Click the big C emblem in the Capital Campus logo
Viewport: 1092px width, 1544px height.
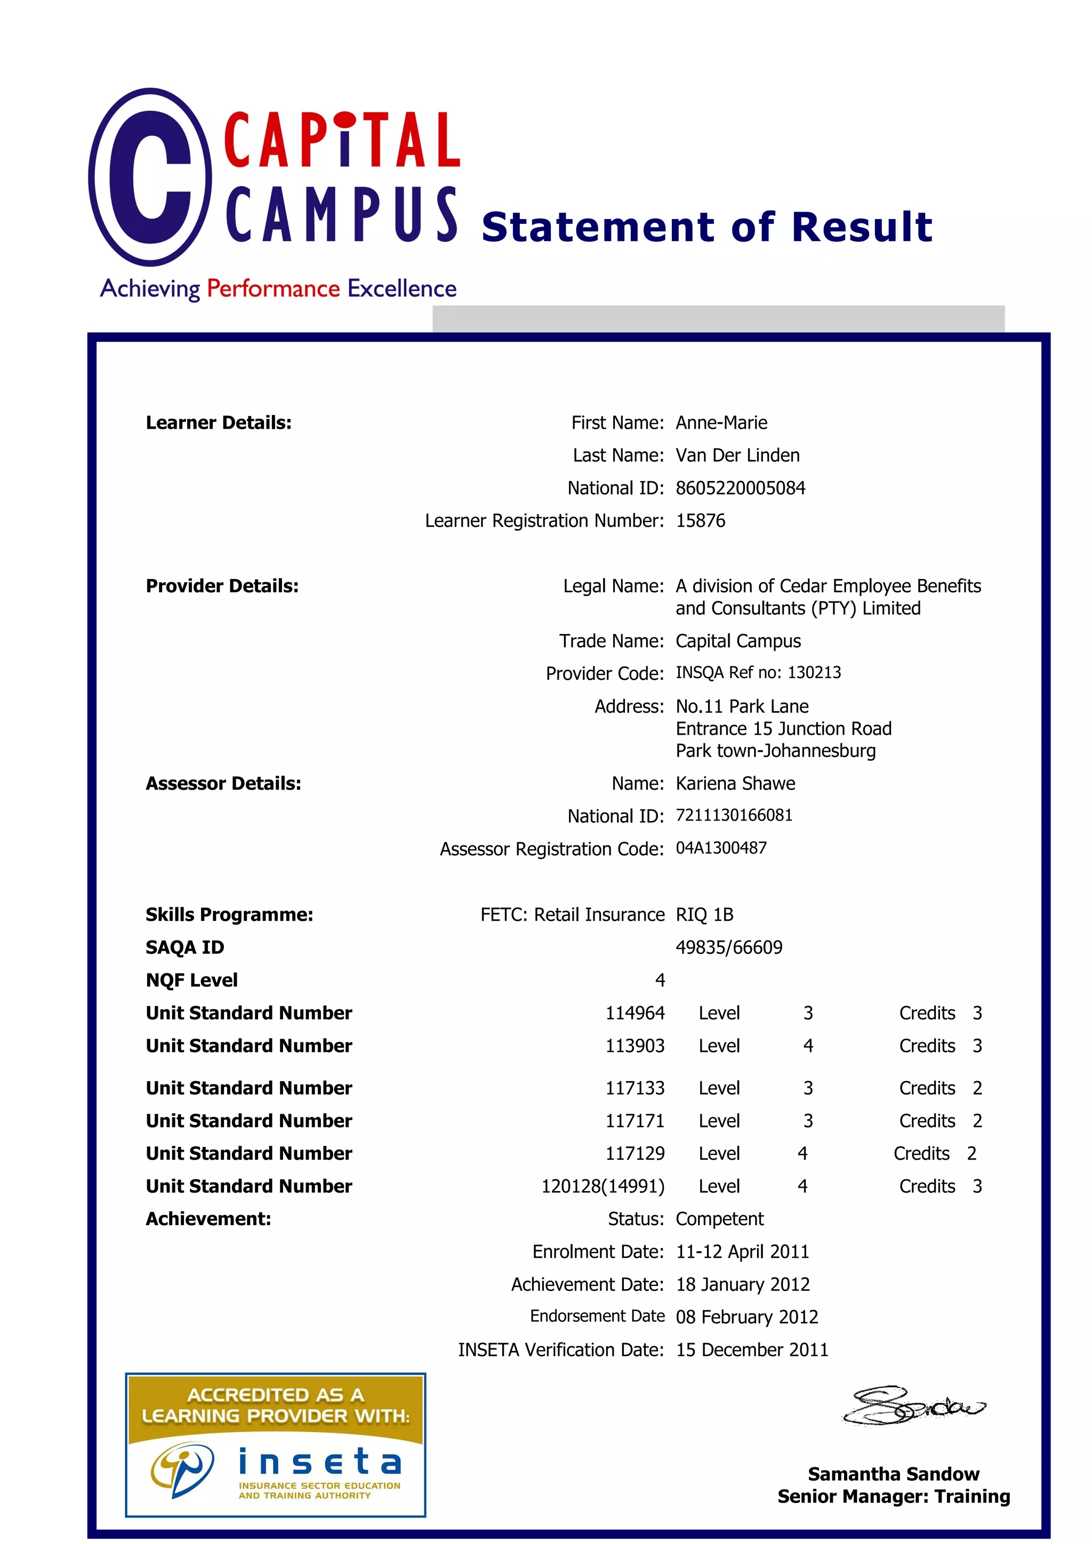pyautogui.click(x=149, y=177)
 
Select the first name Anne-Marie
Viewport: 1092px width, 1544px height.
pyautogui.click(x=721, y=422)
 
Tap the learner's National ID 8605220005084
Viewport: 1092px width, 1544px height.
pyautogui.click(x=740, y=487)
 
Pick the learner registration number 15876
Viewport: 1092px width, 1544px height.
pyautogui.click(x=700, y=520)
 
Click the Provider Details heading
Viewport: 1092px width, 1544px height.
pyautogui.click(x=222, y=586)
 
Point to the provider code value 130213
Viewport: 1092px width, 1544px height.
pyautogui.click(x=814, y=672)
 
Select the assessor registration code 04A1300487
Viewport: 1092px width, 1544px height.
pyautogui.click(x=721, y=848)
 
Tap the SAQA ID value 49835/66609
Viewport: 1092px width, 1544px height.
pyautogui.click(x=729, y=947)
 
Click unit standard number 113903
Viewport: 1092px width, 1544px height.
pyautogui.click(x=634, y=1046)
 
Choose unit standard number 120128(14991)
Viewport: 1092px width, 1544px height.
pyautogui.click(x=603, y=1186)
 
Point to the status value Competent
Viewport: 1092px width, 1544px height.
pyautogui.click(x=719, y=1219)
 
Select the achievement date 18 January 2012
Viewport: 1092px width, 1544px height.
pyautogui.click(x=742, y=1284)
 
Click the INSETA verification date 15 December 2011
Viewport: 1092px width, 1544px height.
pyautogui.click(x=752, y=1349)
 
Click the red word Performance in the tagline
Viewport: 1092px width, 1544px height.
pyautogui.click(x=273, y=288)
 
